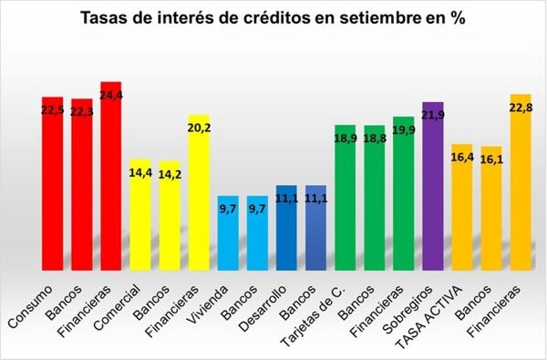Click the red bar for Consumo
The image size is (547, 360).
[52, 182]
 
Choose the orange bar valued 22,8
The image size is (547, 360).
[521, 181]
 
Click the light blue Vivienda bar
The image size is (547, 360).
[228, 232]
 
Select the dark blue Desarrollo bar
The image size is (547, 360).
[286, 228]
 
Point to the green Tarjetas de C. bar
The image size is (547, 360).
[345, 197]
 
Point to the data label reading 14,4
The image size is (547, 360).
[140, 170]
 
